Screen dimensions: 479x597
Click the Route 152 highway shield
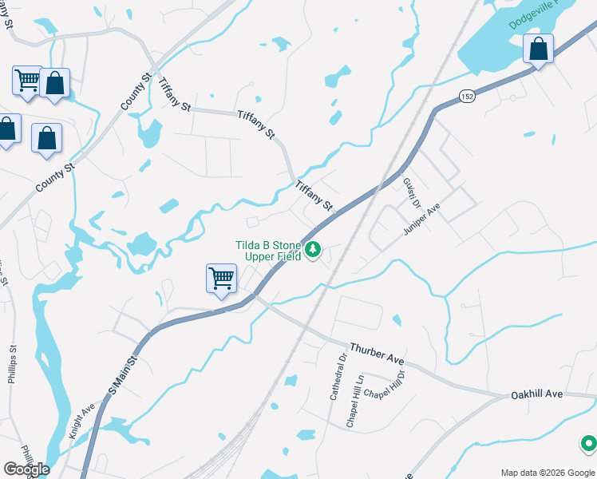pos(468,96)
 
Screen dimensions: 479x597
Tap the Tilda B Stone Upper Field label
pos(268,251)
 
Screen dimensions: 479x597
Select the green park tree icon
pos(314,251)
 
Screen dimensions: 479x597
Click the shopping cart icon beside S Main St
pos(221,279)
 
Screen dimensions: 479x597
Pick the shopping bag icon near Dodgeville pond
pos(539,49)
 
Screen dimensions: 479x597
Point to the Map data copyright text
pos(548,473)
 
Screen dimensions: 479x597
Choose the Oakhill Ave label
pos(536,394)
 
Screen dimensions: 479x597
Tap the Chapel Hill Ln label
pos(355,402)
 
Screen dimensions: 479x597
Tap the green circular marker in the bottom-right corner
pos(588,442)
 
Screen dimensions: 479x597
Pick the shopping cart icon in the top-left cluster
pos(27,80)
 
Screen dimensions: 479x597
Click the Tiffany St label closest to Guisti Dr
pos(313,195)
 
